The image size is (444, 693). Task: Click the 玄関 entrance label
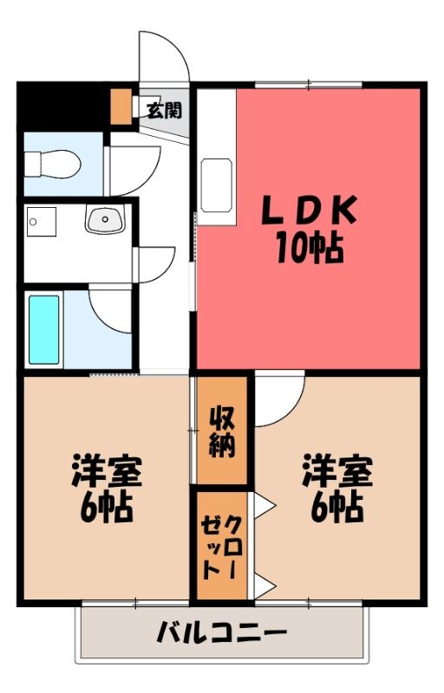(x=164, y=110)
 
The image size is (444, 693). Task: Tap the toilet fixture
(x=52, y=164)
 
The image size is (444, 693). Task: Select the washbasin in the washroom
(x=105, y=220)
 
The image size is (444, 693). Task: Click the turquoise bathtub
(x=43, y=329)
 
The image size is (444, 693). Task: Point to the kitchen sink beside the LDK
(x=217, y=185)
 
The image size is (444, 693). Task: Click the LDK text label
(x=310, y=210)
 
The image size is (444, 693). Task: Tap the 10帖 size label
(x=310, y=248)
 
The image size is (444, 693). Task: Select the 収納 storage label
(x=221, y=431)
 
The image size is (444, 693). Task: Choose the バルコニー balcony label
(x=223, y=632)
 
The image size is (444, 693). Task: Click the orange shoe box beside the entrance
(x=121, y=107)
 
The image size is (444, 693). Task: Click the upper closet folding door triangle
(x=265, y=504)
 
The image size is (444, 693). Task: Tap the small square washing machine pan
(x=41, y=222)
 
